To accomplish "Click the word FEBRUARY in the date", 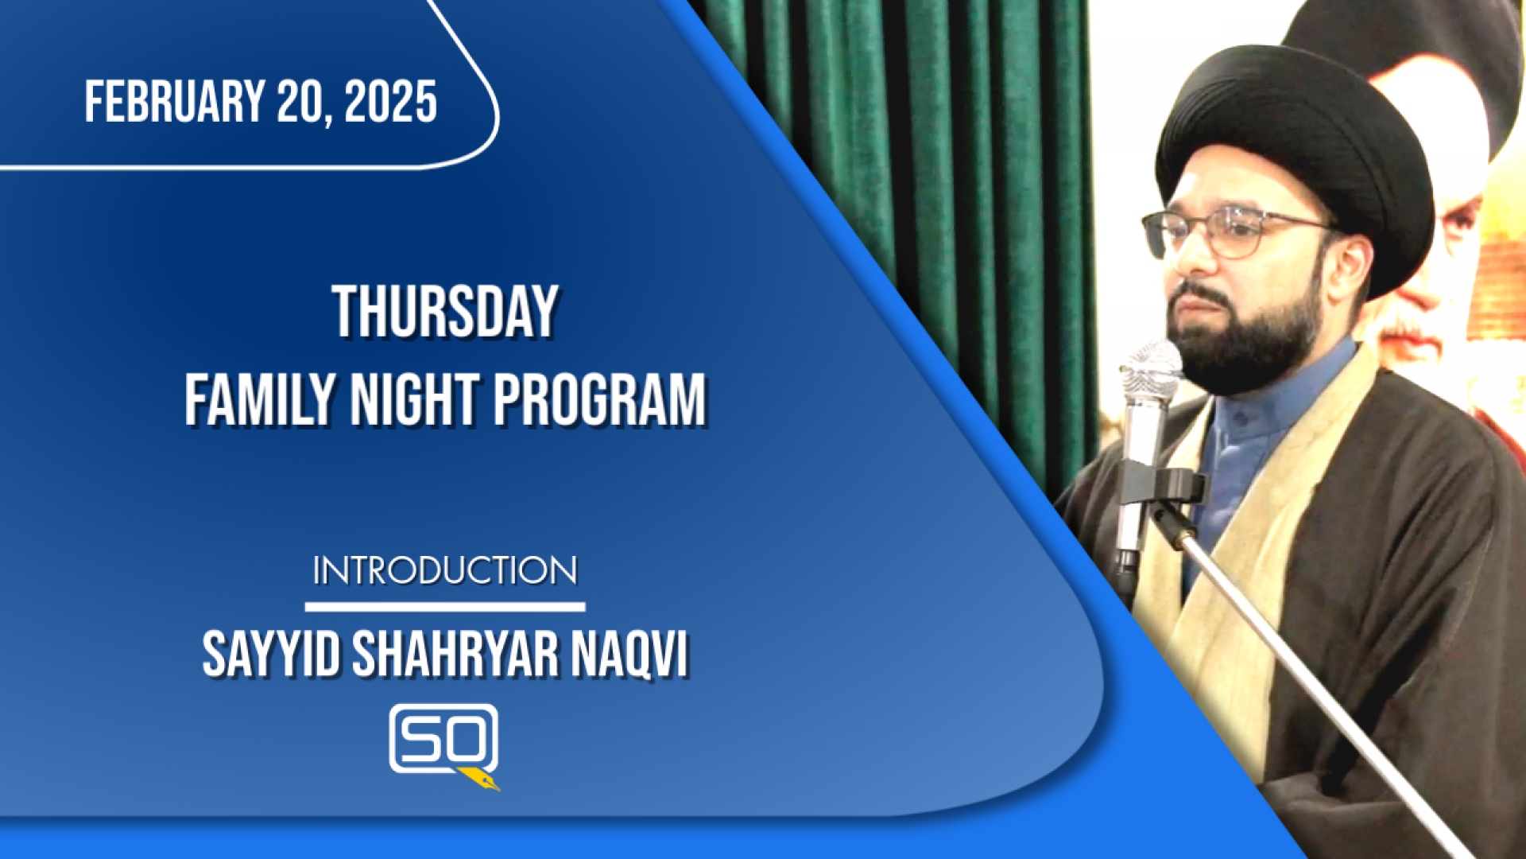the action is pyautogui.click(x=175, y=102).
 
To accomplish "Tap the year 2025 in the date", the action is pyautogui.click(x=390, y=102).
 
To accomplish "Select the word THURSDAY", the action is pyautogui.click(x=445, y=313).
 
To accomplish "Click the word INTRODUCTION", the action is pyautogui.click(x=445, y=571).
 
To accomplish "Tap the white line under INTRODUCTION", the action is pyautogui.click(x=445, y=607).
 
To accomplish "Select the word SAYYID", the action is pyautogui.click(x=271, y=655).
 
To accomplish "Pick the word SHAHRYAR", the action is pyautogui.click(x=455, y=655).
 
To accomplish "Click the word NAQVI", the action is pyautogui.click(x=629, y=655).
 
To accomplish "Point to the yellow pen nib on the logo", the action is pyautogui.click(x=480, y=779).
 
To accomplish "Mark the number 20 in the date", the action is pyautogui.click(x=300, y=102).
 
